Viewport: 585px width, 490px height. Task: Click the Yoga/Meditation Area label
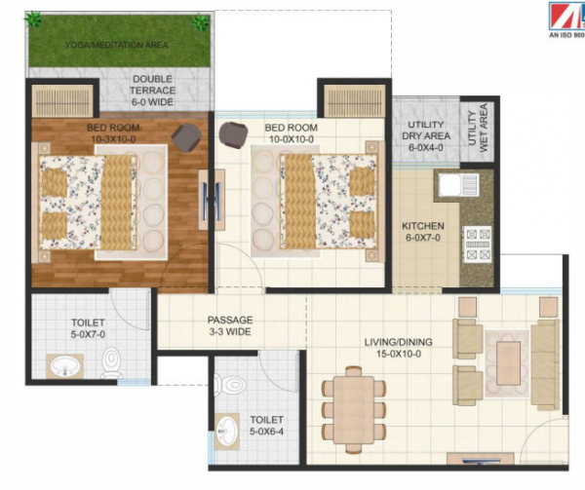point(116,45)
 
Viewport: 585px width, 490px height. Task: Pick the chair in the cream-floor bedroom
point(233,134)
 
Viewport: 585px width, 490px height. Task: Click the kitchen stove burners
point(477,244)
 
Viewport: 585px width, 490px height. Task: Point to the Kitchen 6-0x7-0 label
point(423,233)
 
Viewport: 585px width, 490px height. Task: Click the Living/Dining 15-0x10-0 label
point(398,349)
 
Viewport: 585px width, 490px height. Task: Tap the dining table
point(355,405)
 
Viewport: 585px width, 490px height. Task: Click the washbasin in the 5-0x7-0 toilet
point(65,366)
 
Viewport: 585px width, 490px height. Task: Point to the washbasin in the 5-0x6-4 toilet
point(227,429)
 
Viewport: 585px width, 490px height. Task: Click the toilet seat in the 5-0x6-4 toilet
point(231,383)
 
